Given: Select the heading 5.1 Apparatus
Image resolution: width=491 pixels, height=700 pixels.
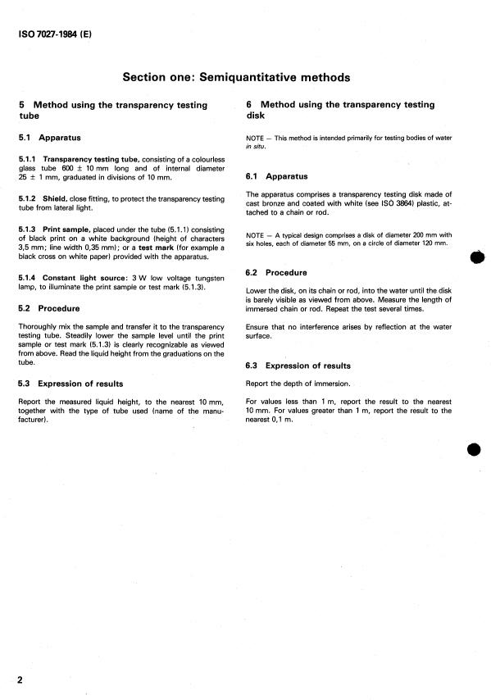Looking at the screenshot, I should click(x=49, y=138).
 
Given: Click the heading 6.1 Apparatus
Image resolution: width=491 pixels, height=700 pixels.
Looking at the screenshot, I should click(x=277, y=176).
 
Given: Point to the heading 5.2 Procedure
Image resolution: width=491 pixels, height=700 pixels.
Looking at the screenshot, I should click(x=48, y=309).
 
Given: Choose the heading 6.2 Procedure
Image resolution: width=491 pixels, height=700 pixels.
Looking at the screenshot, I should click(x=276, y=272).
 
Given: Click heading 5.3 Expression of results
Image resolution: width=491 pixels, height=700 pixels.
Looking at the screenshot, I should click(x=70, y=383).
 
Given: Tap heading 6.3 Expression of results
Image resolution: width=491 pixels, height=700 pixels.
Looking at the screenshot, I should click(x=298, y=366).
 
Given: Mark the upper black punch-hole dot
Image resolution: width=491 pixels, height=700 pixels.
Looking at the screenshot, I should click(x=478, y=257).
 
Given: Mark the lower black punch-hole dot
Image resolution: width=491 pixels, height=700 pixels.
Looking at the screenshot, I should click(x=478, y=452).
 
